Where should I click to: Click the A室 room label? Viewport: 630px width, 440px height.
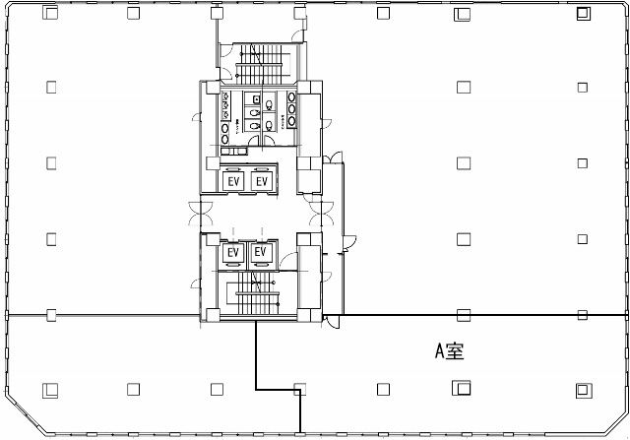pyautogui.click(x=450, y=351)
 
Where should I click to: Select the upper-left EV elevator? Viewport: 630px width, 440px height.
pyautogui.click(x=234, y=182)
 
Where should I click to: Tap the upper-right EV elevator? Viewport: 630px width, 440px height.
pyautogui.click(x=262, y=182)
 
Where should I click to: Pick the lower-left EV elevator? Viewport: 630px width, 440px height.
pyautogui.click(x=233, y=253)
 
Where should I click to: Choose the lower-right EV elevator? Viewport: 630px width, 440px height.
pyautogui.click(x=261, y=253)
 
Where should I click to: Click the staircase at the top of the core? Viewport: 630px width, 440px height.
pyautogui.click(x=259, y=64)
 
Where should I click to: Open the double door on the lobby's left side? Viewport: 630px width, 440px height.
pyautogui.click(x=201, y=214)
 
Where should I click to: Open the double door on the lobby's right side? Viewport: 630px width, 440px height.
pyautogui.click(x=322, y=214)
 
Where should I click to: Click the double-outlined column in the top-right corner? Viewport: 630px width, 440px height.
pyautogui.click(x=584, y=14)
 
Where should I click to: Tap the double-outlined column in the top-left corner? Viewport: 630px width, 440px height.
pyautogui.click(x=50, y=13)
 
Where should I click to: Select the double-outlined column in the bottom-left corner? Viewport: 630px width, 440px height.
pyautogui.click(x=50, y=390)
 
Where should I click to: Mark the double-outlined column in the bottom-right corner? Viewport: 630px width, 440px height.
pyautogui.click(x=584, y=390)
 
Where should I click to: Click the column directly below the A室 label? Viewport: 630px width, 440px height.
pyautogui.click(x=462, y=388)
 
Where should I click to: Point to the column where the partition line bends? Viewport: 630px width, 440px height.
pyautogui.click(x=299, y=389)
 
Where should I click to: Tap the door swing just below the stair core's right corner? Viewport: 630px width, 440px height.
pyautogui.click(x=332, y=322)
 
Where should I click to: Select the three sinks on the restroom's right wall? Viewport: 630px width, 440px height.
pyautogui.click(x=291, y=109)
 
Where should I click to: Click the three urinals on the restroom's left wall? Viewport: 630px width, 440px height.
pyautogui.click(x=226, y=105)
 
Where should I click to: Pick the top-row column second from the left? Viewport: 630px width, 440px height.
pyautogui.click(x=134, y=13)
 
